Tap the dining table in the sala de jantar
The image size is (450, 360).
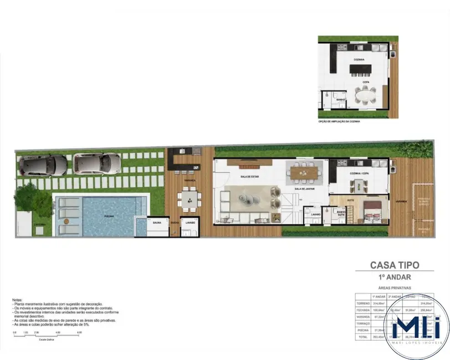pyautogui.click(x=303, y=174)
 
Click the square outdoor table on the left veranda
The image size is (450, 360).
pyautogui.click(x=189, y=198)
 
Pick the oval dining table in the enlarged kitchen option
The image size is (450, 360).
pyautogui.click(x=365, y=96)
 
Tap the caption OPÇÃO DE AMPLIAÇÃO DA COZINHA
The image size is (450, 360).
pyautogui.click(x=338, y=120)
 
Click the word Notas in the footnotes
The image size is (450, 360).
pyautogui.click(x=18, y=300)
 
